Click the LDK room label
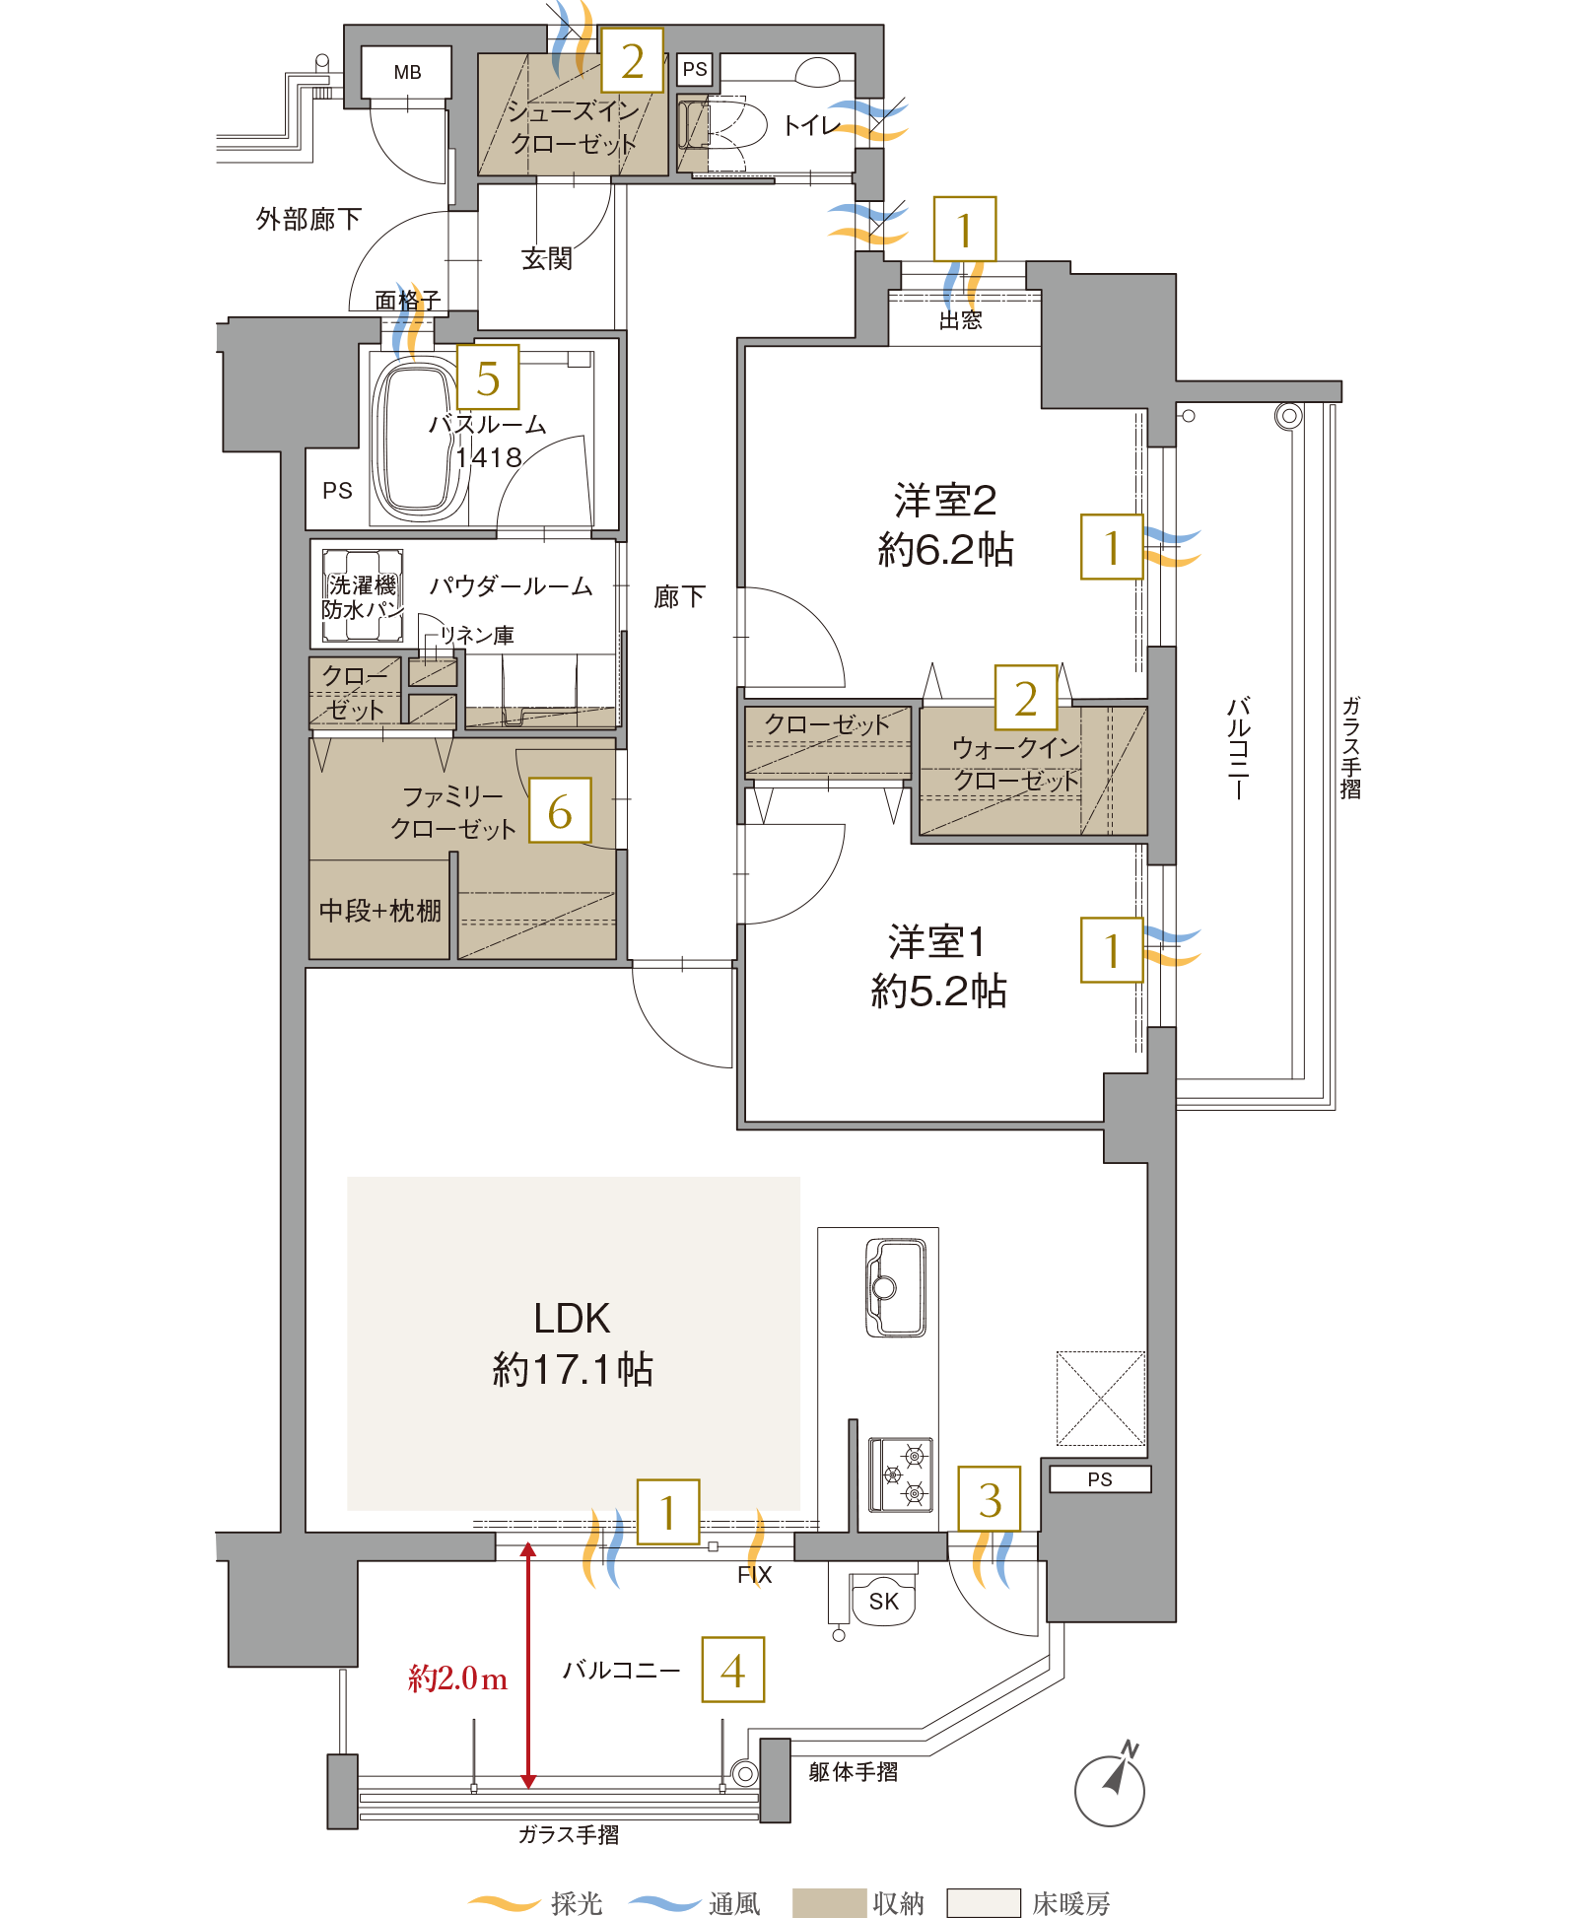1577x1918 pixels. pos(572,1318)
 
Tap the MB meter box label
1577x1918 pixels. pos(407,72)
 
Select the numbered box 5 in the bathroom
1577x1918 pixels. pos(488,377)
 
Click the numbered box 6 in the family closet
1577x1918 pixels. pos(560,810)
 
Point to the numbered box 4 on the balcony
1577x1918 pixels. pos(732,1670)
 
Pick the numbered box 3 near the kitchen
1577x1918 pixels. pos(990,1498)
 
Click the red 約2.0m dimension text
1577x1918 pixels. pos(458,1678)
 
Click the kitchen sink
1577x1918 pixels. pos(895,1286)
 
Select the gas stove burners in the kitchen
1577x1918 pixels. pos(901,1474)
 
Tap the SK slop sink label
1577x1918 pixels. pos(883,1602)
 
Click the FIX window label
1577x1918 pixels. pos(754,1575)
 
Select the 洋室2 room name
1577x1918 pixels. pos(945,501)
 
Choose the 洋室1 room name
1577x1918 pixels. pos(936,942)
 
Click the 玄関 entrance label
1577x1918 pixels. pos(547,258)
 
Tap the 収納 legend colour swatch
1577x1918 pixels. pos(829,1902)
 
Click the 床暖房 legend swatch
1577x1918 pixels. pos(983,1902)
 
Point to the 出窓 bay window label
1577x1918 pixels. pos(960,319)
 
